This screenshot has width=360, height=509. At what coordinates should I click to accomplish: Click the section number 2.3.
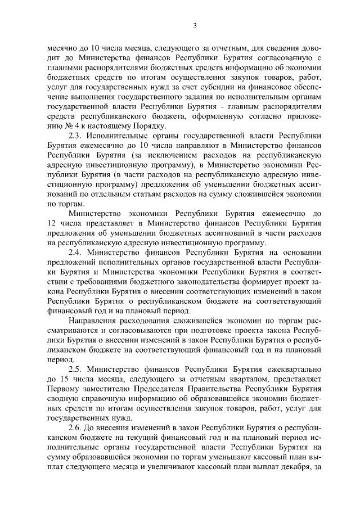pos(76,136)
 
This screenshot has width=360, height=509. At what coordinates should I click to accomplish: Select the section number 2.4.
pos(76,253)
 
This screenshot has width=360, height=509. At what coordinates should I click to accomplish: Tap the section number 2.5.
pos(76,369)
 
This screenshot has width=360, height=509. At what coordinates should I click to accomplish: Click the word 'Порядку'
pos(132,127)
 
